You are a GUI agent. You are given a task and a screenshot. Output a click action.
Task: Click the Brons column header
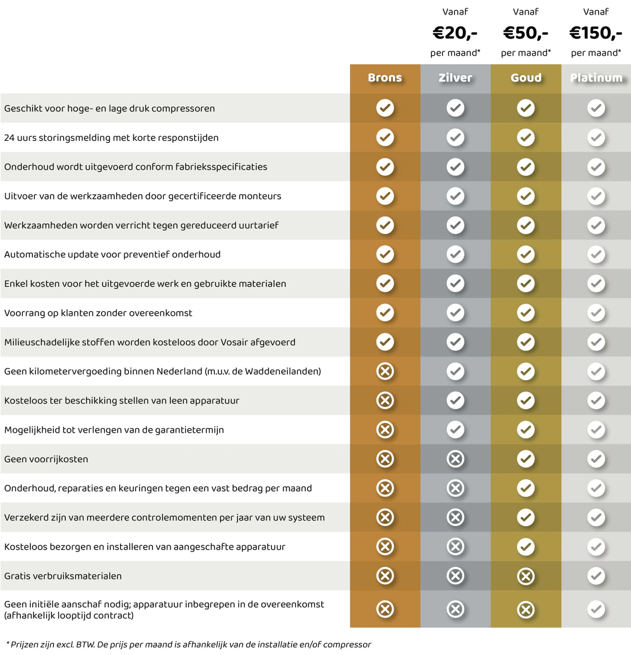(x=385, y=78)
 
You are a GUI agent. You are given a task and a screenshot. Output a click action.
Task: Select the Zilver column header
(x=455, y=78)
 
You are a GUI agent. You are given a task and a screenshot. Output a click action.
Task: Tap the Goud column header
(x=526, y=78)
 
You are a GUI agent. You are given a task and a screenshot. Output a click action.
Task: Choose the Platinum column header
(x=596, y=78)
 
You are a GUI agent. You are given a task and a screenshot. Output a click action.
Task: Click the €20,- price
(x=455, y=33)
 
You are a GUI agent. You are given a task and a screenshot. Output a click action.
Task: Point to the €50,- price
(x=525, y=33)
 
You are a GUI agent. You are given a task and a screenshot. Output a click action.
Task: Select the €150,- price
(x=596, y=33)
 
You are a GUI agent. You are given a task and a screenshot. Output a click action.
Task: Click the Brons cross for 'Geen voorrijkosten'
(x=385, y=459)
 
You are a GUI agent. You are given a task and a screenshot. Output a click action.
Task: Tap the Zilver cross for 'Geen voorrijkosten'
(x=455, y=459)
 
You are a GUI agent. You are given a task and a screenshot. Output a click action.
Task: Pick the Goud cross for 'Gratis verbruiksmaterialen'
(x=526, y=576)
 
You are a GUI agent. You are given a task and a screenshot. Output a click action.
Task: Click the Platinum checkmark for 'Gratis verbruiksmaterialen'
(x=596, y=576)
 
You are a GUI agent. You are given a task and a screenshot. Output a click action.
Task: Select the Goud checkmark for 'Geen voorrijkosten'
(x=526, y=459)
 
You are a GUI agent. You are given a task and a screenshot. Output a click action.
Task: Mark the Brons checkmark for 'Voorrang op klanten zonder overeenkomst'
(x=385, y=313)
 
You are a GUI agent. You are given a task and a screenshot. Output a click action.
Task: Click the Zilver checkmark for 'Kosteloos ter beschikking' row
(x=455, y=400)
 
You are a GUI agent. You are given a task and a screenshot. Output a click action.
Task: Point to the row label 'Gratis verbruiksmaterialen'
(x=63, y=576)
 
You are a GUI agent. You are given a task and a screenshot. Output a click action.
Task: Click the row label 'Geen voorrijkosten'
(x=46, y=459)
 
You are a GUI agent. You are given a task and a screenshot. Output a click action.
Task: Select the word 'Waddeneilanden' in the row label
(x=282, y=371)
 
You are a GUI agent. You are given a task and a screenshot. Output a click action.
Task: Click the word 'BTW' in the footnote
(x=85, y=645)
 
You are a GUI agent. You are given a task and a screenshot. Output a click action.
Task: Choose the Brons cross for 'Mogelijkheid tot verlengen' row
(x=385, y=429)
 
